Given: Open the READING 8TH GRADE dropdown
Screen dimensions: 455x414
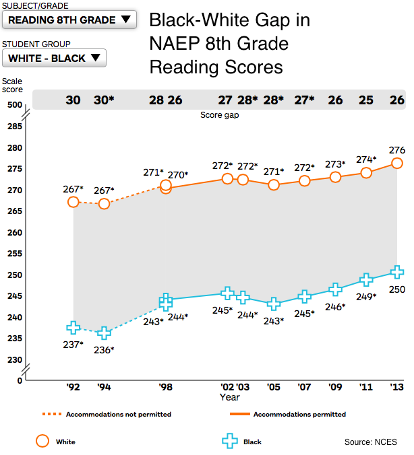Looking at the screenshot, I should coord(69,20).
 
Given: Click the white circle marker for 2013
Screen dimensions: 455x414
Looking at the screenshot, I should coord(397,164).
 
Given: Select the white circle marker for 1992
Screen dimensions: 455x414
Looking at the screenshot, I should coord(73,202).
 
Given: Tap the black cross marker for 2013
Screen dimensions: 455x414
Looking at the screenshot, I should coord(397,273).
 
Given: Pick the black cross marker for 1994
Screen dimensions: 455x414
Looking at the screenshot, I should coord(105,332).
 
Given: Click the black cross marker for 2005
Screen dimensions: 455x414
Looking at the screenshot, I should coord(274,304).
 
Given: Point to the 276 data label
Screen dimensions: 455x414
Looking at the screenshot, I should coord(396,149).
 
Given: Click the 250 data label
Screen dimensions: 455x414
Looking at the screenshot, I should coord(396,289).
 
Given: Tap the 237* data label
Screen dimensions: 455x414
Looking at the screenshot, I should coord(73,345).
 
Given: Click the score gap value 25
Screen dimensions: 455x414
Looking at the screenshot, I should coord(366,100).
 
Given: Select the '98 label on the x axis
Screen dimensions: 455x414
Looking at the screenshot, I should coord(165,387).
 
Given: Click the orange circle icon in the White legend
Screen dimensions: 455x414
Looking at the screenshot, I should coord(42,442).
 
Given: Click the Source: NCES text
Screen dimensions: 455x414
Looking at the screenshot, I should coord(370,442).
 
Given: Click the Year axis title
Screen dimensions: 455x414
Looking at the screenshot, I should coord(229,397).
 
